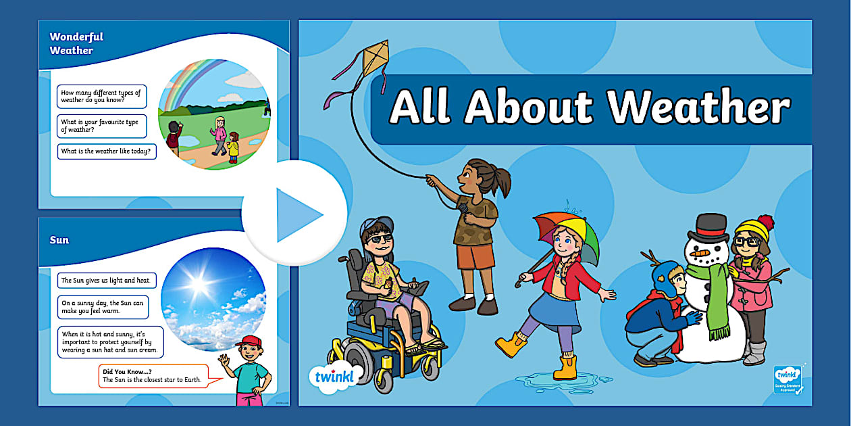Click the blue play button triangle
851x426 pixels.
tap(298, 215)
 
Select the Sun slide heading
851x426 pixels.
tap(59, 240)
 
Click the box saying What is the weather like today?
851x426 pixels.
tap(107, 151)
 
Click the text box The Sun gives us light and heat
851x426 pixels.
tap(107, 280)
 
